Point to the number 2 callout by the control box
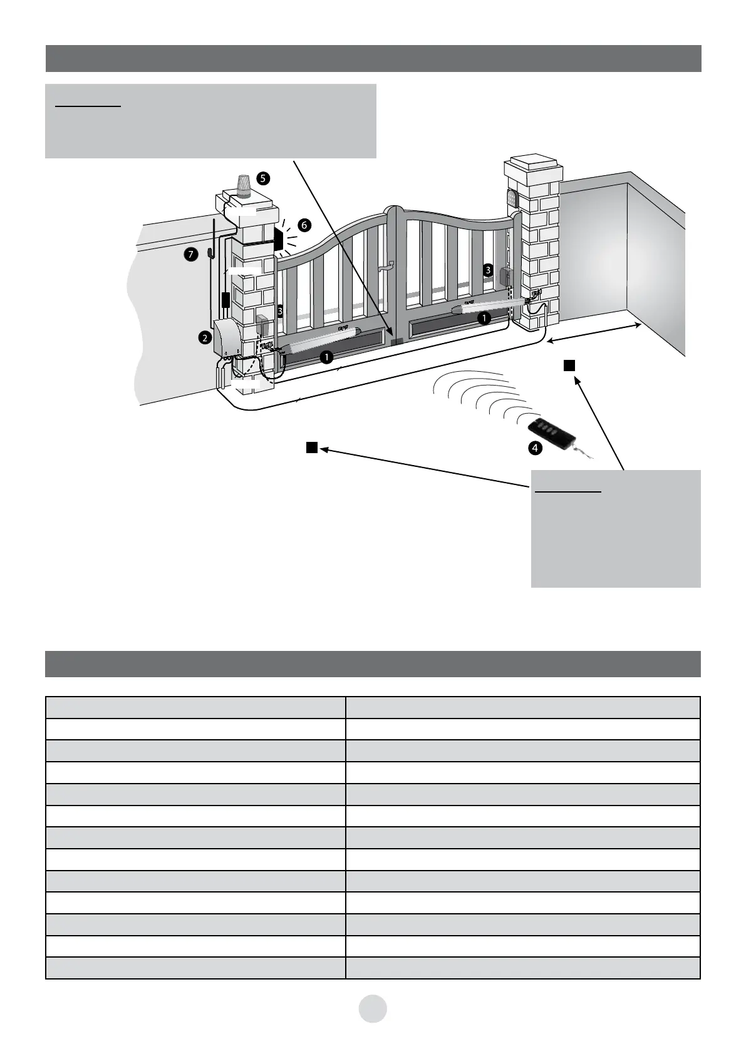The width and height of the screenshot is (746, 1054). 204,338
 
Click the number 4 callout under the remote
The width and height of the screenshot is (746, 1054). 534,448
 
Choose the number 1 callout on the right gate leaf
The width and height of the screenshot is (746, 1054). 484,318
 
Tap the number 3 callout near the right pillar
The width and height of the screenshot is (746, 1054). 487,270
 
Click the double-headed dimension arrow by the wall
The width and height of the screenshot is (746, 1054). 594,333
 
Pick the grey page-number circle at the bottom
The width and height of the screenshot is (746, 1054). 373,1008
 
